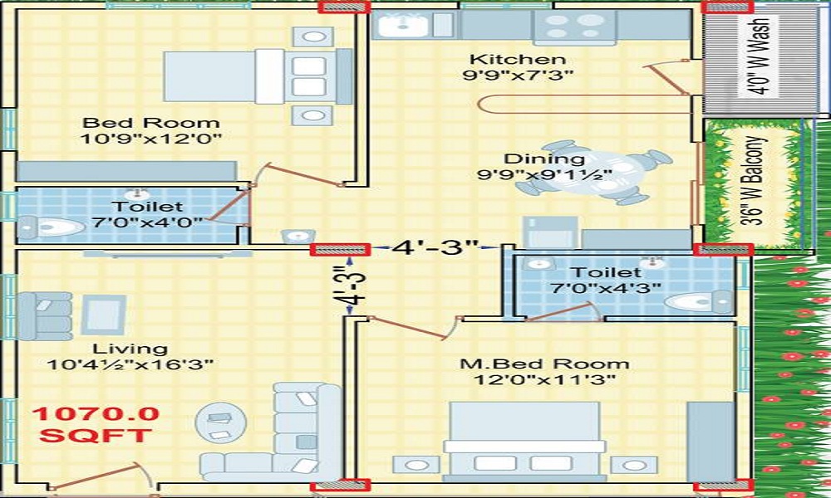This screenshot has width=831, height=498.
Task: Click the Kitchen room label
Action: [518, 59]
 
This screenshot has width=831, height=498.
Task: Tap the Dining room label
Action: [543, 159]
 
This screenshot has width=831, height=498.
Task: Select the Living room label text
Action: [130, 349]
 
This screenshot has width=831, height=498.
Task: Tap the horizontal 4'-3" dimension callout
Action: [438, 247]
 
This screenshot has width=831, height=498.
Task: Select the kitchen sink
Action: [401, 25]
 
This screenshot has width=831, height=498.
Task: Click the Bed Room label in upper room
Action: [151, 122]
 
